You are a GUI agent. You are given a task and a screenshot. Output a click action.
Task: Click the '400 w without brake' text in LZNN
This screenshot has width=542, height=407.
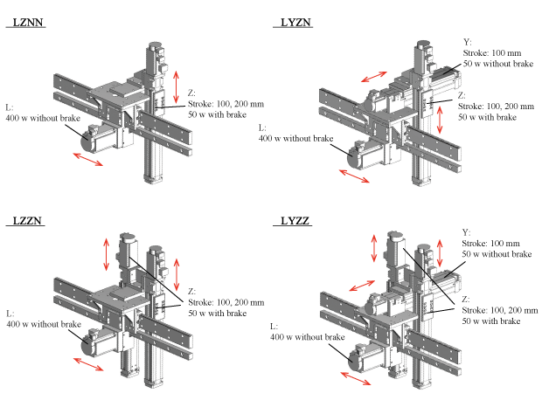click(x=45, y=117)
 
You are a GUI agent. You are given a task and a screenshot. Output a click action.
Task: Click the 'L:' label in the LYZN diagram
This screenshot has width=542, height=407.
click(x=263, y=128)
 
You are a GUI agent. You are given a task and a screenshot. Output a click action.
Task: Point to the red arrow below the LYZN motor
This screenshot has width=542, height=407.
click(x=353, y=176)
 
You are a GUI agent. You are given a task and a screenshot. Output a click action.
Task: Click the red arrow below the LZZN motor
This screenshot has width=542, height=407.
click(x=85, y=368)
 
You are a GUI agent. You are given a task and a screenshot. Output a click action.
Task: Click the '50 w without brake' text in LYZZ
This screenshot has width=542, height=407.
click(x=497, y=253)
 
